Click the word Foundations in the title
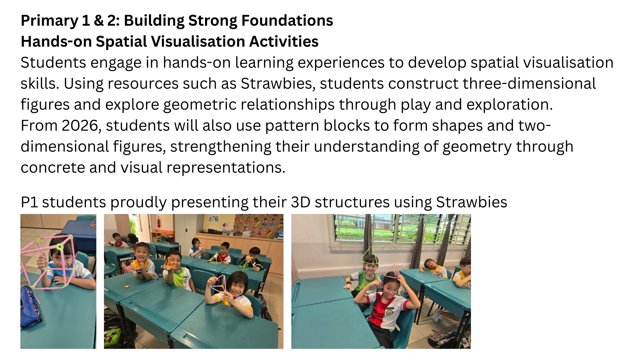coord(287,21)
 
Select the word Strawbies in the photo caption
coord(471,202)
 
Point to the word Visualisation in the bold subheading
coord(197,42)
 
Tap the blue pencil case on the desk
coord(31,307)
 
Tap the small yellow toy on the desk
coord(127,286)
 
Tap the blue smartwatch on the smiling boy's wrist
coord(139,272)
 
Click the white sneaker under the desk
coord(437,315)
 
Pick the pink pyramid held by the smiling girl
coord(217,287)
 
